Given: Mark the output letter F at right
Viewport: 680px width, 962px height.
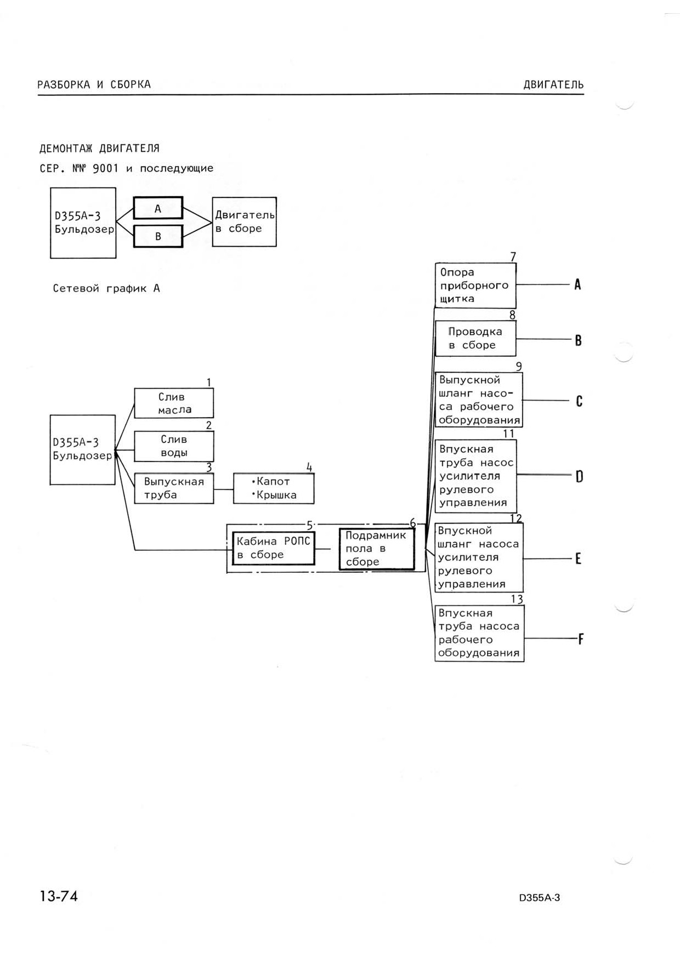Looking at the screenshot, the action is click(580, 639).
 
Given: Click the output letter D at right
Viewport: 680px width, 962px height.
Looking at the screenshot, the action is click(579, 476).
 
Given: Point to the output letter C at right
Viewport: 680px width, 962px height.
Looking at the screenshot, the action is click(579, 402).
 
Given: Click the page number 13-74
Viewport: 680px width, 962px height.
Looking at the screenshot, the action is click(59, 896).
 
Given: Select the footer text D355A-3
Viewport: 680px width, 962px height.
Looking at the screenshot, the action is click(540, 898).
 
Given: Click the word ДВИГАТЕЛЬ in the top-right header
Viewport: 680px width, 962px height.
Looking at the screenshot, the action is click(553, 85).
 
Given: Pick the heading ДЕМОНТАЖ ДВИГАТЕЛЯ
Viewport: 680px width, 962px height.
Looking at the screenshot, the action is click(99, 149).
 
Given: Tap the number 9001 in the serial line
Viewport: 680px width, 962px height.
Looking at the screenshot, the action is click(106, 168).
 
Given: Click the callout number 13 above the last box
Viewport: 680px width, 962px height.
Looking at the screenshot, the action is click(517, 599).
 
